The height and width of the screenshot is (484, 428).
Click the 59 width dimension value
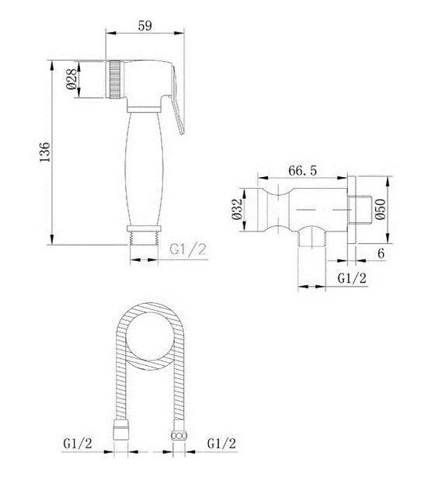coord(144,26)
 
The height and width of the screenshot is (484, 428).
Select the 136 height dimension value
coord(45,151)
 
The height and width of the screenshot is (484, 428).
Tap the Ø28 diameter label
coord(71,79)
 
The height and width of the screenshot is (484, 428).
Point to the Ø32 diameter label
coord(237,209)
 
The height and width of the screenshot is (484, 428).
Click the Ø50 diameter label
coord(381,209)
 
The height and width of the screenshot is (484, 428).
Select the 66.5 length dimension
coord(302,170)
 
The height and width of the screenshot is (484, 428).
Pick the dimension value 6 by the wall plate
coord(381,253)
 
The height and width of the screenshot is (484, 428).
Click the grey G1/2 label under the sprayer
coord(188,249)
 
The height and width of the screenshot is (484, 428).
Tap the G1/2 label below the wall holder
coord(352,278)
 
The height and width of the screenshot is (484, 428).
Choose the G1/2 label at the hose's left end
coord(78,444)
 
